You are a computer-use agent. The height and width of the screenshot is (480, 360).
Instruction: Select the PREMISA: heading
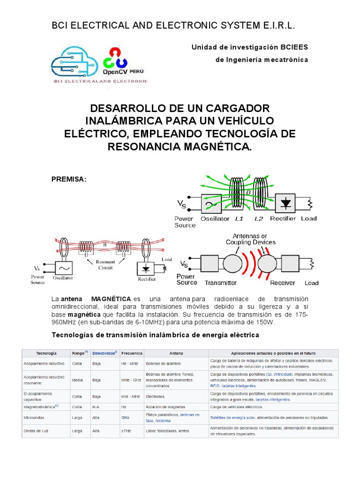pyautogui.click(x=69, y=180)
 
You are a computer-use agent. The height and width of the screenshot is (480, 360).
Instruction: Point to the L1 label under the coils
pyautogui.click(x=239, y=218)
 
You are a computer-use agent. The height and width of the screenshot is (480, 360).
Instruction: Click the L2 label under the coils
pyautogui.click(x=259, y=218)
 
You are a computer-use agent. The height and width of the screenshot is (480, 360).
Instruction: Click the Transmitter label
pyautogui.click(x=220, y=283)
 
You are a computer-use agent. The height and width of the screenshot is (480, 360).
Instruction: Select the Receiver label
pyautogui.click(x=282, y=283)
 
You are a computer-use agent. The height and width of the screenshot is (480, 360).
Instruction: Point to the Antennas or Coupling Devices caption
pyautogui.click(x=250, y=239)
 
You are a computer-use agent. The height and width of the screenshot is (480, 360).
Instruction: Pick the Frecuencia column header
pyautogui.click(x=132, y=353)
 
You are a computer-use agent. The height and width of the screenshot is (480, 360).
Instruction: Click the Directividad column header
pyautogui.click(x=104, y=353)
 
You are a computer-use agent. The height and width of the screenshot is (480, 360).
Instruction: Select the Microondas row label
pyautogui.click(x=34, y=417)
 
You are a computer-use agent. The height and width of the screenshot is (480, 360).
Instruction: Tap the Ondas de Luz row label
pyautogui.click(x=36, y=430)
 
